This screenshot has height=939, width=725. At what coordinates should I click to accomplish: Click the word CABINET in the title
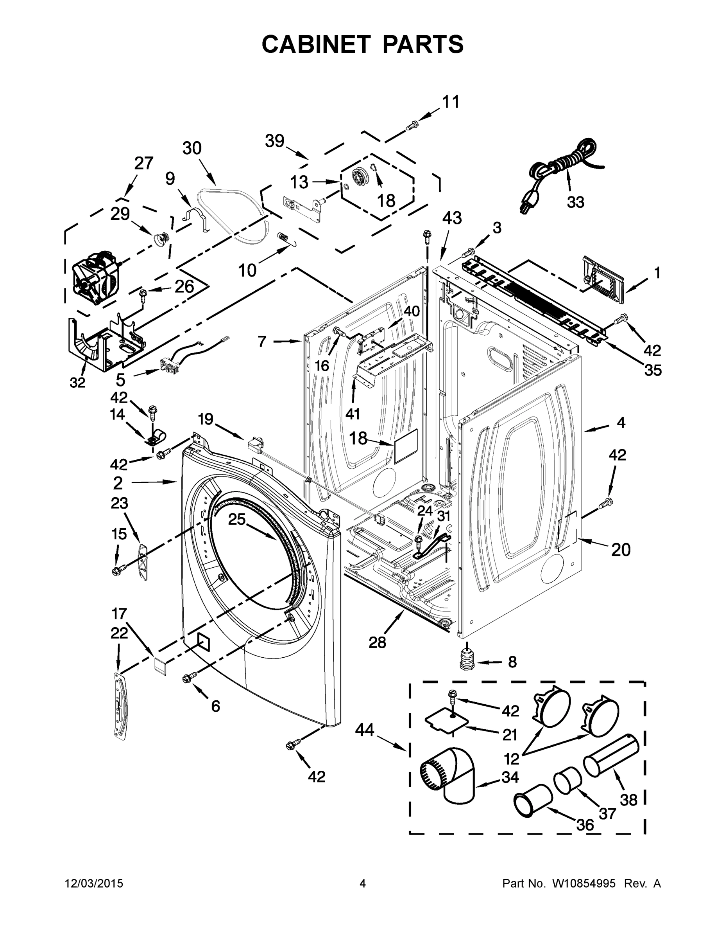pyautogui.click(x=316, y=44)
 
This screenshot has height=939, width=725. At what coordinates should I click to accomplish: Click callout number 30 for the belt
pyautogui.click(x=192, y=148)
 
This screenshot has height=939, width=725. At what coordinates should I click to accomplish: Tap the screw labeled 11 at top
pyautogui.click(x=412, y=125)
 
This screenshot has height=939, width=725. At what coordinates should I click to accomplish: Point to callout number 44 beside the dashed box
pyautogui.click(x=365, y=730)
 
